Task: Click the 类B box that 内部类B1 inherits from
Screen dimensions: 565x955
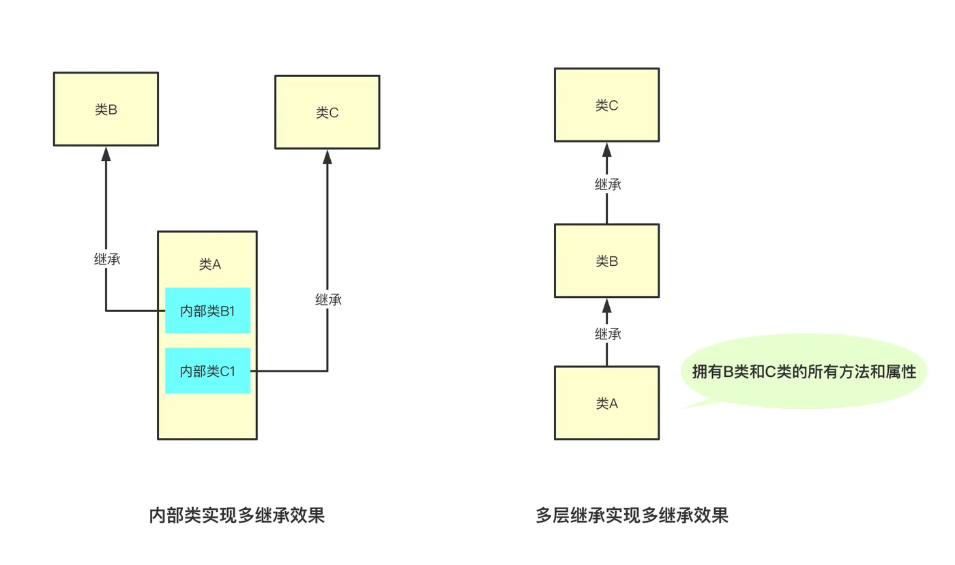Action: pos(106,109)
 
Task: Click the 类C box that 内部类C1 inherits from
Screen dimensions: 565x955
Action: pos(327,112)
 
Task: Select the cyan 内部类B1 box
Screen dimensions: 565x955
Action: pos(207,311)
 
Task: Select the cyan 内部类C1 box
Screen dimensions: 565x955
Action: pos(207,371)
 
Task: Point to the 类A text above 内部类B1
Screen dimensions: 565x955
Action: pos(209,264)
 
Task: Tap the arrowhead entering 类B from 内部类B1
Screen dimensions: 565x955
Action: pos(106,153)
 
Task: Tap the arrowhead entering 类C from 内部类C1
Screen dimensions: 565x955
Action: pos(327,157)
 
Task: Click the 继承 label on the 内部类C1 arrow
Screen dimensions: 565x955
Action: pos(327,299)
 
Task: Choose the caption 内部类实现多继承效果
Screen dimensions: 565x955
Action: pos(237,515)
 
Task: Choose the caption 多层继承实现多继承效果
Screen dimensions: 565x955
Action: pos(632,515)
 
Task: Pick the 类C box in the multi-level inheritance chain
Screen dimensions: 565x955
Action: pos(606,105)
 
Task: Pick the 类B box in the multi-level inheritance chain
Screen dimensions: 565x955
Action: pos(606,261)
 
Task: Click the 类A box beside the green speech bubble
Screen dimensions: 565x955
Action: pos(606,403)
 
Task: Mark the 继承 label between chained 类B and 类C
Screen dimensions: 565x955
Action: pos(607,184)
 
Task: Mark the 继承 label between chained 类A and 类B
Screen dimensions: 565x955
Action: pos(607,334)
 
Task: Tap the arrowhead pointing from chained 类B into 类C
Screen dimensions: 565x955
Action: pos(606,149)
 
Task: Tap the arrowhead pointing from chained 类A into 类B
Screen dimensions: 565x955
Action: pos(606,305)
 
